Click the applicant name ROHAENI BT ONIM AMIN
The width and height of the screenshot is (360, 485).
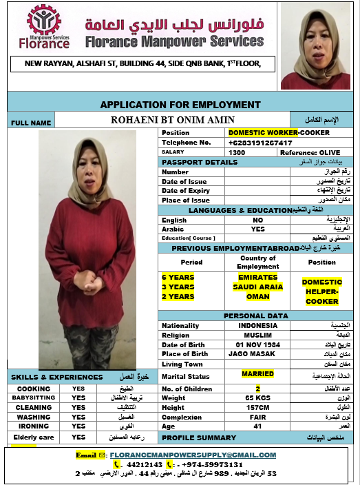[x=173, y=121]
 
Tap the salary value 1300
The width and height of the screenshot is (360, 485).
[x=237, y=152]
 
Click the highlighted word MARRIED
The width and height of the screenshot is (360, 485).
[x=257, y=374]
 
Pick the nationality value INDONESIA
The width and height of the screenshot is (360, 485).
[x=257, y=325]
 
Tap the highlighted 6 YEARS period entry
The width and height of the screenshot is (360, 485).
[x=178, y=277]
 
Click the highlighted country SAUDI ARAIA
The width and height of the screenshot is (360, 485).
[x=257, y=287]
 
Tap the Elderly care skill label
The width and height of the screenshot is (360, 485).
[x=34, y=437]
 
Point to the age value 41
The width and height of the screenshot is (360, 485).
[x=257, y=427]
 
